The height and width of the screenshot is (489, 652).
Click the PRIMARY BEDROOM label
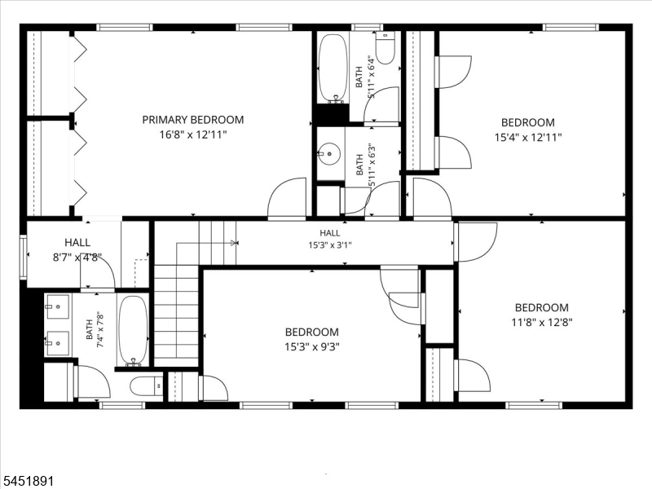click(193, 120)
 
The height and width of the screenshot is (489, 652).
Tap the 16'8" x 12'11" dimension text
click(193, 134)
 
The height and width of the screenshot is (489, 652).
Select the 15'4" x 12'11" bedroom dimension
click(528, 137)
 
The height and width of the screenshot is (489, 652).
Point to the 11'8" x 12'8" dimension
click(542, 322)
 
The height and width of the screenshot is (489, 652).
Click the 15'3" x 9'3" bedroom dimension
click(312, 346)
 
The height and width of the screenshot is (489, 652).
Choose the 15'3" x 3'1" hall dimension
click(330, 245)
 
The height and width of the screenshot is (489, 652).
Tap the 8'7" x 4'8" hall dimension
click(77, 258)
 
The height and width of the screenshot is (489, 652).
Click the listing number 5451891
click(27, 481)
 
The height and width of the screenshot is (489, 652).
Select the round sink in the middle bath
click(330, 153)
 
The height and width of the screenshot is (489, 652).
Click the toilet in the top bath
click(385, 49)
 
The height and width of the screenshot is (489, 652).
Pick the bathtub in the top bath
click(333, 68)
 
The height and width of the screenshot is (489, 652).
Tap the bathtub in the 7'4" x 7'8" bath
click(133, 332)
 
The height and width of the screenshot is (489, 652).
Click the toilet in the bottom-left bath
click(147, 387)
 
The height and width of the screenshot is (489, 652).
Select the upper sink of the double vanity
click(57, 307)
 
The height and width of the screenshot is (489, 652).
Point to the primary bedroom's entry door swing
click(287, 197)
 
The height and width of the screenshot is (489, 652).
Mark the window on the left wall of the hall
click(24, 256)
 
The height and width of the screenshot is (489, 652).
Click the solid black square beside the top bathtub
click(333, 112)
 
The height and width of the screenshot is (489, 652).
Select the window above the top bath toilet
click(366, 28)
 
